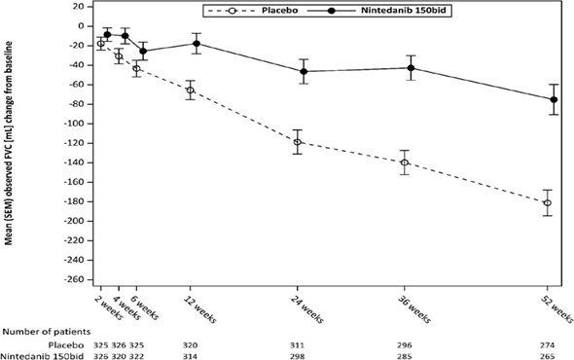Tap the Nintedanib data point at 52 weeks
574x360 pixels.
coord(555,99)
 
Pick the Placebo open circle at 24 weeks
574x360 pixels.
coord(298,142)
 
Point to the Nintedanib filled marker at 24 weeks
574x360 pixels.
coord(305,71)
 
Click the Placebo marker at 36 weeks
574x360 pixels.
coord(404,162)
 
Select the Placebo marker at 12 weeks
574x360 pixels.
coord(190,90)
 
